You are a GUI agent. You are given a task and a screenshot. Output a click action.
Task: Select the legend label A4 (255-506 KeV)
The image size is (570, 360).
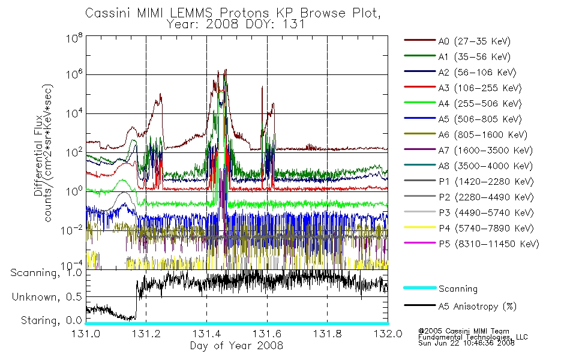click(x=480, y=104)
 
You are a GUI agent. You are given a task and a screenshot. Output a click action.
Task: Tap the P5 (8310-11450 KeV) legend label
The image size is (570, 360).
click(x=489, y=244)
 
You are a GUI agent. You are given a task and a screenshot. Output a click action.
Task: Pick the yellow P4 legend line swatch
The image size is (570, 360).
click(x=420, y=227)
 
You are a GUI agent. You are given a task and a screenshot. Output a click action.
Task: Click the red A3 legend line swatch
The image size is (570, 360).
click(x=420, y=87)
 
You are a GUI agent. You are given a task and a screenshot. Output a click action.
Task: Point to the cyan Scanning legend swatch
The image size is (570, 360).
click(x=420, y=287)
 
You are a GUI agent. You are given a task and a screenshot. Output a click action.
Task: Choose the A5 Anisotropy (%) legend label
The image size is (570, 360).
click(x=478, y=307)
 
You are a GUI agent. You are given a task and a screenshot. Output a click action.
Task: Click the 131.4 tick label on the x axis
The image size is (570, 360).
click(x=206, y=334)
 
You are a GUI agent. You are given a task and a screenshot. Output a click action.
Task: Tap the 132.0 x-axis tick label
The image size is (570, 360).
click(x=388, y=334)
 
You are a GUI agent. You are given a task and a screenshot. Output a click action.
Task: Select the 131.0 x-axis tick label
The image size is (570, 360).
click(x=86, y=334)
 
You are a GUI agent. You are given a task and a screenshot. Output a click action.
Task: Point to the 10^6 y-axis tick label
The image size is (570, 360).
click(x=74, y=74)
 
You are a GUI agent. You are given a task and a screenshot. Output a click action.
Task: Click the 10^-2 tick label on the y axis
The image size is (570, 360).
click(x=73, y=230)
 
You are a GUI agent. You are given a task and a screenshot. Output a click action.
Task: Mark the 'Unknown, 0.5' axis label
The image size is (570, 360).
click(x=47, y=297)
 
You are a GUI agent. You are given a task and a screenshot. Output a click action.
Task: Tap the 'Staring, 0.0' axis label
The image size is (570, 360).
click(x=52, y=320)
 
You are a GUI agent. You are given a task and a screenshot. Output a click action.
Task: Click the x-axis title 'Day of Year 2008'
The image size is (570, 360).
click(x=236, y=346)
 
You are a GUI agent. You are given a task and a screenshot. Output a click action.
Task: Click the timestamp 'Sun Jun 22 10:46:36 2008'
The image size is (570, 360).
click(x=466, y=343)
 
